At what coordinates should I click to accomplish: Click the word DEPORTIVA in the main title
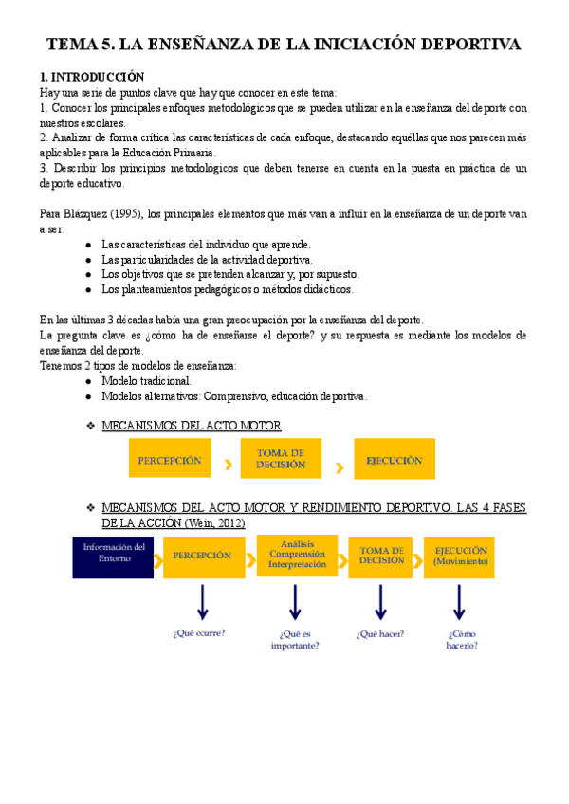click(466, 44)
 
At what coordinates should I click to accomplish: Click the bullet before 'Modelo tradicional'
click(88, 381)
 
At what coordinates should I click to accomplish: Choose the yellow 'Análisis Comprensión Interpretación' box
click(297, 555)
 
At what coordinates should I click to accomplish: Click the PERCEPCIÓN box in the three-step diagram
click(170, 461)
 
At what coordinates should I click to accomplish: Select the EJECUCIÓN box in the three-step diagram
click(394, 461)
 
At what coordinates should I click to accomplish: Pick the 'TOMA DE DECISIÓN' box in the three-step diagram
click(281, 460)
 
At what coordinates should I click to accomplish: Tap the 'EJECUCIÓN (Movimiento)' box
click(462, 556)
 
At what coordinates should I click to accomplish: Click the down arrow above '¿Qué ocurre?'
click(202, 601)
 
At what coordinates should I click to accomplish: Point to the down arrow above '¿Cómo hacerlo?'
click(460, 601)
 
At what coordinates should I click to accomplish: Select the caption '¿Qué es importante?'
click(295, 639)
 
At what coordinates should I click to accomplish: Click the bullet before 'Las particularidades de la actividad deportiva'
click(88, 259)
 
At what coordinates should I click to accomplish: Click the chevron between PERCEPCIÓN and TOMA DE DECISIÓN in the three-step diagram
click(228, 465)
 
